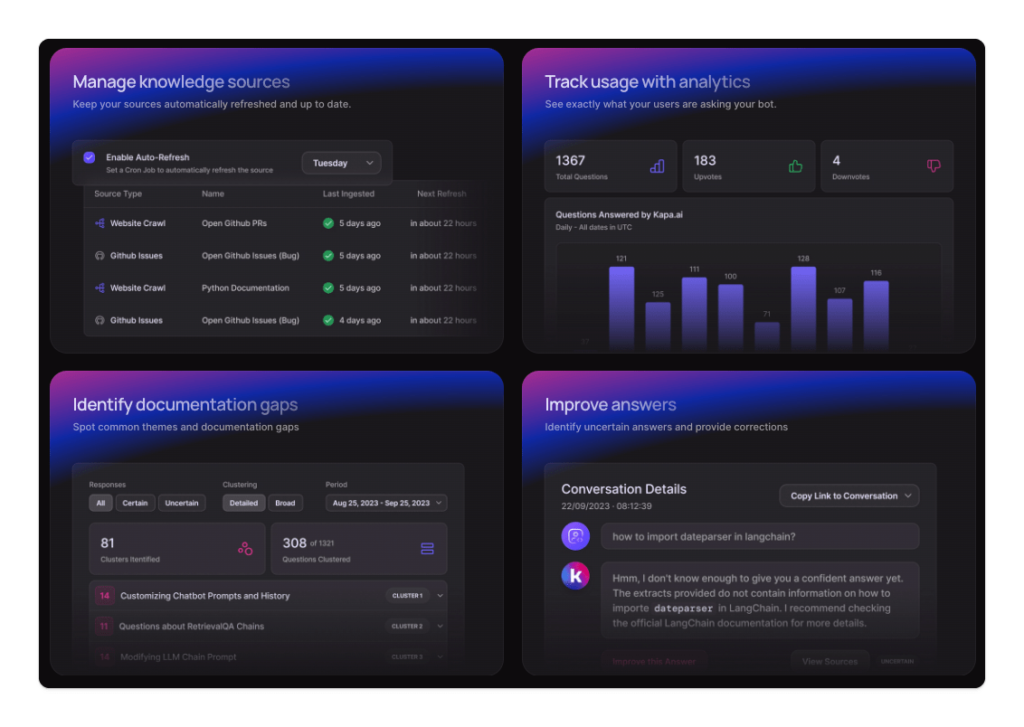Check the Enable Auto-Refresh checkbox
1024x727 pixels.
[89, 157]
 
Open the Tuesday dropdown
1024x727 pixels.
[341, 163]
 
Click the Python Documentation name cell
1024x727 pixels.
[245, 288]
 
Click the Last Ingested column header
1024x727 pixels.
[348, 194]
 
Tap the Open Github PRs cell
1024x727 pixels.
[234, 223]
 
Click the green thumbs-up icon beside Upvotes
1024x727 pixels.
[795, 166]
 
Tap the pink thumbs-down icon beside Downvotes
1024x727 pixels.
[934, 166]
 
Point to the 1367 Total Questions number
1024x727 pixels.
[571, 160]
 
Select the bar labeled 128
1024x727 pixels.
[803, 307]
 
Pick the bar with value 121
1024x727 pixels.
[621, 307]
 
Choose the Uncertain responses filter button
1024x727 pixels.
[182, 503]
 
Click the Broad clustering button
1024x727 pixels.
[285, 503]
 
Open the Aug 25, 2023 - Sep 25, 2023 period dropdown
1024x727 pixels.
[386, 503]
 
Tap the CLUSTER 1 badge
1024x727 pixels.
[407, 596]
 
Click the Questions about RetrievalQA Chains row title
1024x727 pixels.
[192, 626]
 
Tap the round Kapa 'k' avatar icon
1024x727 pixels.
[575, 576]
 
